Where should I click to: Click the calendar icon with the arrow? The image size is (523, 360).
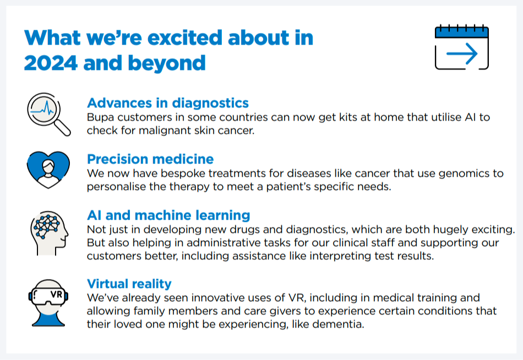[462, 47]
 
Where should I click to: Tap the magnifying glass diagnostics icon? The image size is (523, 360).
[48, 114]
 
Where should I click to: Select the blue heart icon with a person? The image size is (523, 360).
[48, 170]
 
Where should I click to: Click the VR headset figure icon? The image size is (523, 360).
[48, 303]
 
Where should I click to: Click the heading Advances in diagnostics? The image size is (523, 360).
[168, 103]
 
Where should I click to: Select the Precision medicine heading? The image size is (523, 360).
[150, 159]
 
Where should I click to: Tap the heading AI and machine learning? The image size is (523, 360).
[168, 215]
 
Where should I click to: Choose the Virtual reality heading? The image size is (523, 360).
[129, 283]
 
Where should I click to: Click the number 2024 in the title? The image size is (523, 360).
[51, 63]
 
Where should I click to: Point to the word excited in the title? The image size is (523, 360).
[185, 37]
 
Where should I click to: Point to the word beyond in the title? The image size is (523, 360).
[167, 63]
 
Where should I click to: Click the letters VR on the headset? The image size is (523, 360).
[56, 294]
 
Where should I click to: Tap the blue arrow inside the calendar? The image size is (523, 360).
[462, 53]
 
